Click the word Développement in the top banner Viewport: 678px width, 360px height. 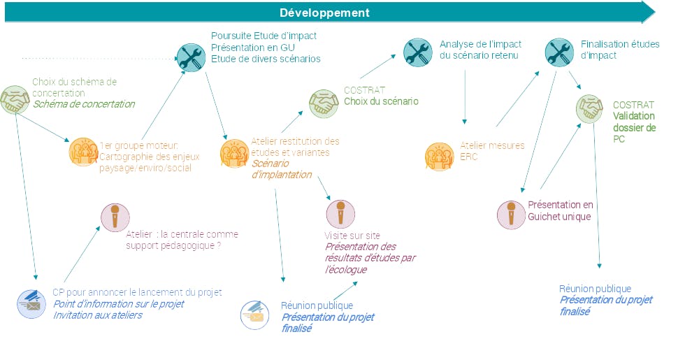tap(325, 13)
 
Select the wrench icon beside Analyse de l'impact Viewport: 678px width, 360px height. tap(418, 51)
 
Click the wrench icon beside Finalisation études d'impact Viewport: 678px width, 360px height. tap(558, 51)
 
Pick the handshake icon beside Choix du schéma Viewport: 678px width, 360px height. tap(14, 100)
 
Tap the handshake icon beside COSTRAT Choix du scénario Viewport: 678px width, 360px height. tap(324, 103)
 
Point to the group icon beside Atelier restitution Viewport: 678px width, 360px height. tap(233, 153)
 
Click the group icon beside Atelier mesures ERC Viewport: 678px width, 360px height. tap(440, 155)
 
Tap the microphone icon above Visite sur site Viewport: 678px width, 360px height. tap(340, 213)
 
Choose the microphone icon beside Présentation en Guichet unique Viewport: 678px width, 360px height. tap(511, 213)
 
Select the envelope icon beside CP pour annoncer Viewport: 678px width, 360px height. tap(31, 304)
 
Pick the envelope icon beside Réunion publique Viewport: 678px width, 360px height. tap(255, 315)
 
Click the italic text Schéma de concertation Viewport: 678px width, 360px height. tap(83, 104)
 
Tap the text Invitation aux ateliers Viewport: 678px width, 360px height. tap(97, 315)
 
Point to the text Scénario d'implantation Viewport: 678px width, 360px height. tap(281, 168)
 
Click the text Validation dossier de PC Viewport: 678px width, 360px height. tap(634, 127)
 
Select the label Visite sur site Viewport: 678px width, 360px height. tap(352, 236)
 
